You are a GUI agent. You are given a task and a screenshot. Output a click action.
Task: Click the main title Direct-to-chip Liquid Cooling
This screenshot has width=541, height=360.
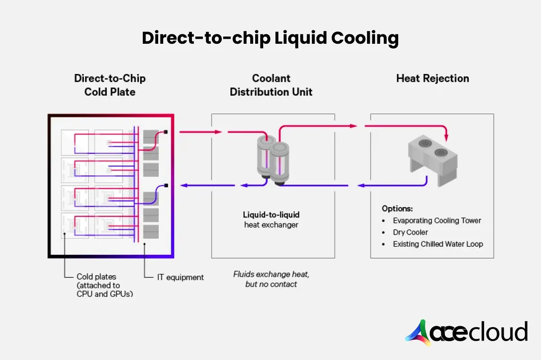pos(270,38)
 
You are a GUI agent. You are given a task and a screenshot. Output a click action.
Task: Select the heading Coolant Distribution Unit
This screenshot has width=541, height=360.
pos(271,85)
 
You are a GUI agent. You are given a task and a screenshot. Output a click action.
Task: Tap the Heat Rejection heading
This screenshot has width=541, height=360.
pos(432,78)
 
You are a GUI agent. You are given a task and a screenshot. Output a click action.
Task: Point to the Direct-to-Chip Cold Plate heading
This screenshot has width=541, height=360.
pos(110,85)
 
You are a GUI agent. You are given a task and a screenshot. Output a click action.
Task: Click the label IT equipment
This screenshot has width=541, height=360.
pos(180,277)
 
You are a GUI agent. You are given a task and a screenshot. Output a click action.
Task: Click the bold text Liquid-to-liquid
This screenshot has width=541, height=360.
pos(271,215)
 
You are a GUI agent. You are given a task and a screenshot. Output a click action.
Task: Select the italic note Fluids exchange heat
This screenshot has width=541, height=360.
pos(271,274)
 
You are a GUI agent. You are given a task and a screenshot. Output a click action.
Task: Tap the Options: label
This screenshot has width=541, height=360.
pos(397,209)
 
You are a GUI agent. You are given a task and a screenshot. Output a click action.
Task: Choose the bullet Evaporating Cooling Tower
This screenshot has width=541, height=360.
pos(436,221)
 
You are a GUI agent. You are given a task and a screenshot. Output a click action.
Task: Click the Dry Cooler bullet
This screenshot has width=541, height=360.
pos(410,232)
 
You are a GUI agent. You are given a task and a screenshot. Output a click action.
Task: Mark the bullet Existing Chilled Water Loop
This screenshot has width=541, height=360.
pos(437,244)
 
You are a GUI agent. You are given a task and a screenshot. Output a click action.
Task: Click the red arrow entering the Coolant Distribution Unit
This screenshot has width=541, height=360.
pos(201,132)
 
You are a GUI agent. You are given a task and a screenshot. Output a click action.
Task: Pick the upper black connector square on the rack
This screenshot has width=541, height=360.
pos(166,132)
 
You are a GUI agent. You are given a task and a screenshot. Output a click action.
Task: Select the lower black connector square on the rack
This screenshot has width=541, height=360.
pos(166,185)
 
